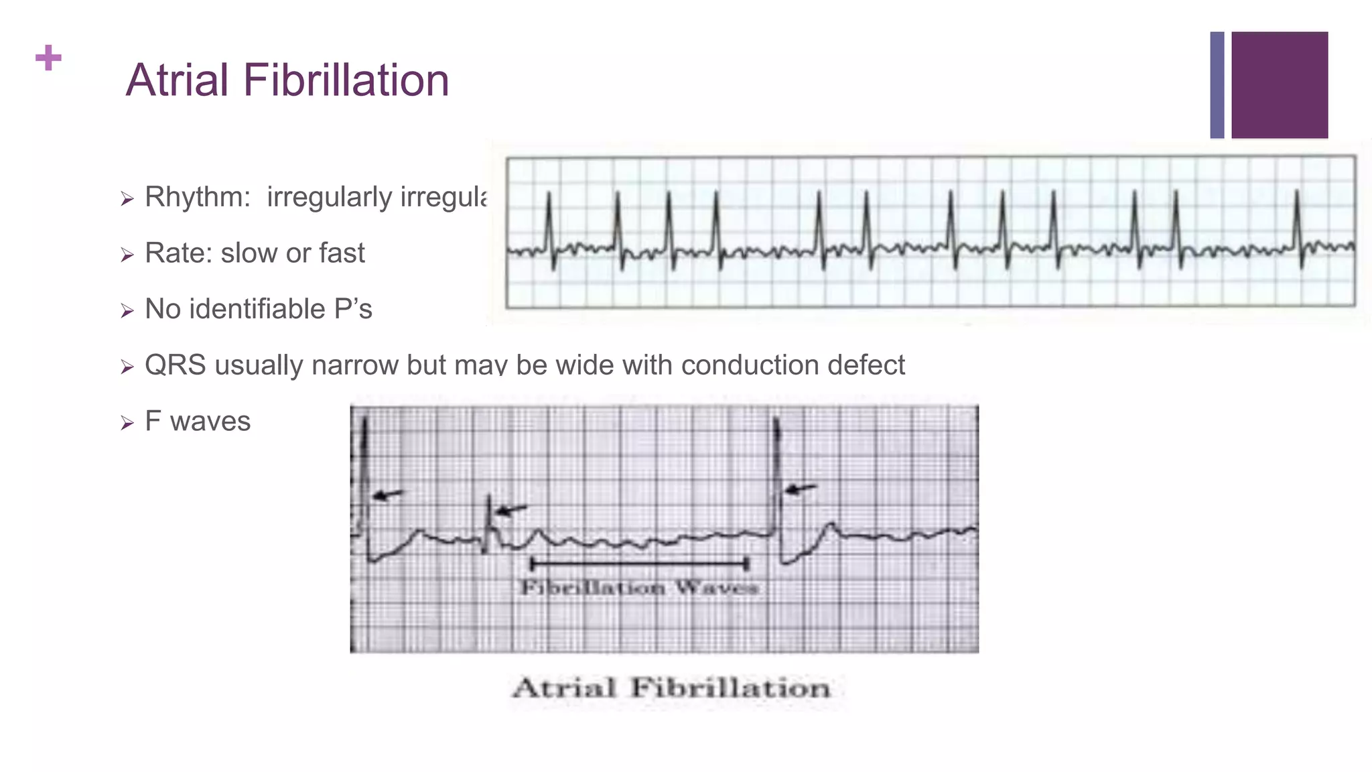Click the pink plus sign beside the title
(x=48, y=58)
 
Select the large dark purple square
(x=1280, y=85)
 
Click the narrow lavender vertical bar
(x=1217, y=85)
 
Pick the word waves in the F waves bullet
(x=210, y=422)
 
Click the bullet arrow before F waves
(x=127, y=423)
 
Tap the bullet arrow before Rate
(x=127, y=255)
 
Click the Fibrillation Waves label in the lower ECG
(x=639, y=588)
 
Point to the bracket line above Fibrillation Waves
(x=639, y=564)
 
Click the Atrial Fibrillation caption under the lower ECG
(x=671, y=688)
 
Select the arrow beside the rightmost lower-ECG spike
(x=801, y=489)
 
